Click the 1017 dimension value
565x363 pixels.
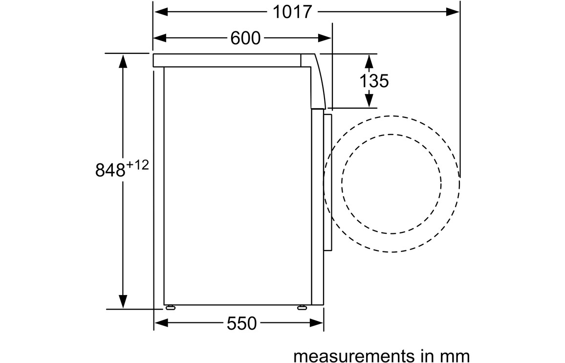pos(292,12)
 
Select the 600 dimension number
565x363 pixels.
pos(245,38)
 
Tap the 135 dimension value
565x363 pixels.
pos(374,81)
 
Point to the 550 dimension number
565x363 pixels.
pos(242,323)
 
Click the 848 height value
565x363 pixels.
pos(110,170)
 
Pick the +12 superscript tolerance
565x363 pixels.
pos(137,165)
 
